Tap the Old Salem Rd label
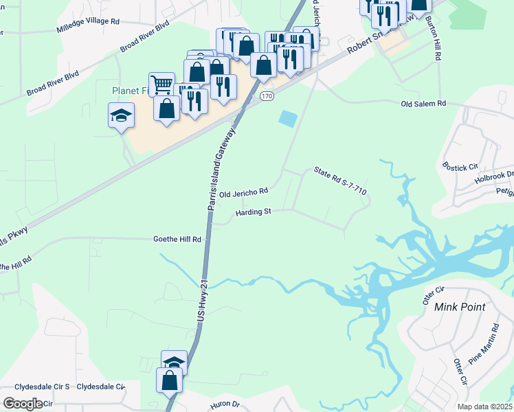[x=424, y=103]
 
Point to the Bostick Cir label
[x=459, y=167]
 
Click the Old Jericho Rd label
[x=243, y=194]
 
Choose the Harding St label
[x=254, y=213]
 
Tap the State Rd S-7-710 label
[x=339, y=181]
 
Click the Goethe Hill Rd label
[x=177, y=240]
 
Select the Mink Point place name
[x=460, y=307]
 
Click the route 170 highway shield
[x=267, y=98]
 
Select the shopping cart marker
[x=161, y=85]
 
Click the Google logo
[x=23, y=404]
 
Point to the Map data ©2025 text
[x=485, y=407]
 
